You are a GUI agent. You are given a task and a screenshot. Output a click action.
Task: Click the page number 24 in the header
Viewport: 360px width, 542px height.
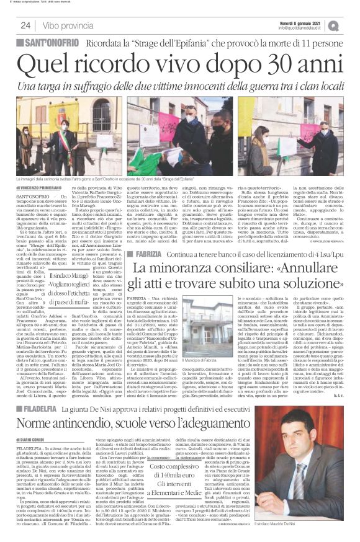[25, 25]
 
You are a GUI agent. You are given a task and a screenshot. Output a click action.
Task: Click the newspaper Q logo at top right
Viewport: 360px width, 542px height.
[351, 25]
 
